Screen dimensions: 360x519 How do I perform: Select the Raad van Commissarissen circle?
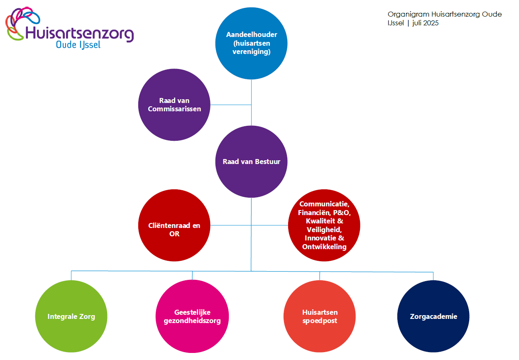[174, 105]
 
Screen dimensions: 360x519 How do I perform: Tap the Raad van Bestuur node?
[251, 162]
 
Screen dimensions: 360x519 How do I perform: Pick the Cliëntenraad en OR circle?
[174, 225]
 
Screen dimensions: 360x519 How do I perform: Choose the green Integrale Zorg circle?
[71, 316]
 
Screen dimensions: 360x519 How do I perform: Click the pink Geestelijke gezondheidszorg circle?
[192, 316]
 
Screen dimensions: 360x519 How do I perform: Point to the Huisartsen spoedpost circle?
[319, 316]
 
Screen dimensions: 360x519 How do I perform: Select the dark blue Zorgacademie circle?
[433, 316]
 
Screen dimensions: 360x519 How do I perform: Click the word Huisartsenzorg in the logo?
[79, 34]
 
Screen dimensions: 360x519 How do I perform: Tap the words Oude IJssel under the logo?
[78, 45]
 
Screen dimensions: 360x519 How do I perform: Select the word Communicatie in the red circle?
[324, 204]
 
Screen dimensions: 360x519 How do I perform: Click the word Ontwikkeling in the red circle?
[324, 247]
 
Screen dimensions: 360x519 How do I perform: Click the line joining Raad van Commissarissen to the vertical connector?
[230, 105]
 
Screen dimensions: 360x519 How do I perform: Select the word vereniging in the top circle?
[252, 52]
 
